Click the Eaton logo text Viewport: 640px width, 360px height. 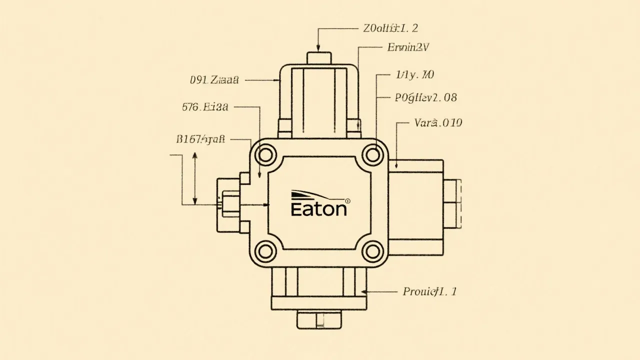tap(318, 208)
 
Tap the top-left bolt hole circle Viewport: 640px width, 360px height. tap(265, 155)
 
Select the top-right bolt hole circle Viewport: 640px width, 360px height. tap(372, 155)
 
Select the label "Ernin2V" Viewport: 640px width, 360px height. tap(408, 48)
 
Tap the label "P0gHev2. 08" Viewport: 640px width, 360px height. tap(425, 97)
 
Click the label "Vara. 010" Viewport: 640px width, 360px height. tap(438, 122)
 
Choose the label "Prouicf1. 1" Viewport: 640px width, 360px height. tap(429, 291)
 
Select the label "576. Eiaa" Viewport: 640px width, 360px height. tap(205, 106)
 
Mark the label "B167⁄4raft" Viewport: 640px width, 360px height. tap(201, 139)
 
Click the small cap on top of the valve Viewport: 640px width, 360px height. tap(319, 57)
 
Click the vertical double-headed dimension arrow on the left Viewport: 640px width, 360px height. tap(195, 178)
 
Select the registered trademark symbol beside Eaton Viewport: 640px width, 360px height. tap(348, 201)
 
